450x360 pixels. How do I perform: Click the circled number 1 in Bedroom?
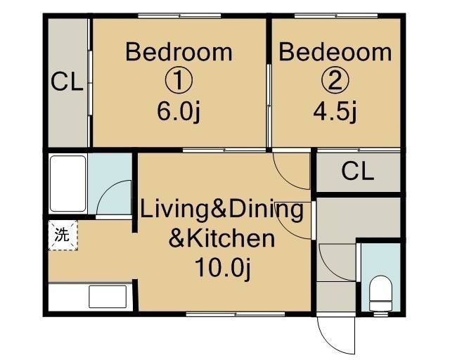coord(179,81)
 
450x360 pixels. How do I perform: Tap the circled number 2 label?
coord(335,81)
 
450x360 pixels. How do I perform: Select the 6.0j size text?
coord(178,112)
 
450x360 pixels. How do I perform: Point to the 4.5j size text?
coord(335,112)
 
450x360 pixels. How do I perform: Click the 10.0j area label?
coord(223,268)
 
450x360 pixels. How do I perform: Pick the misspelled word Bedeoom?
coord(335,52)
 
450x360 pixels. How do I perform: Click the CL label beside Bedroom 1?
coord(67,82)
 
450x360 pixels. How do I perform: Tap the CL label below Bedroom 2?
coord(358,172)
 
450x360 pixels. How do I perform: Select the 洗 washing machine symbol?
coord(63,235)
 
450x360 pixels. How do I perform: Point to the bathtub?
coord(68,184)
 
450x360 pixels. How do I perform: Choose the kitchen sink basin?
coord(108,297)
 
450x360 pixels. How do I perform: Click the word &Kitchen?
coord(221,238)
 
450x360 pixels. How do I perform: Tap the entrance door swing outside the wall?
coord(336,335)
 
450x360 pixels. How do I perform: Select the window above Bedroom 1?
coord(179,15)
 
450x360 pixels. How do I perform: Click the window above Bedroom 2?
coord(336,15)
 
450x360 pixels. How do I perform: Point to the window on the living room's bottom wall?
coord(236,314)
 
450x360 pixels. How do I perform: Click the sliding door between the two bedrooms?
coord(269,105)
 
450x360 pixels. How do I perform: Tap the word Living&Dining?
coord(221,210)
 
